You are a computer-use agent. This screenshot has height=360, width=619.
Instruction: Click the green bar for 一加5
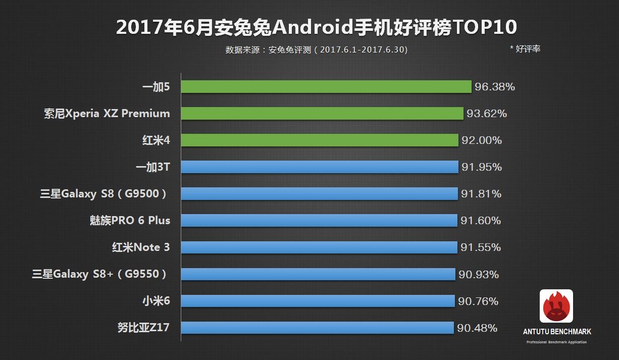(x=326, y=87)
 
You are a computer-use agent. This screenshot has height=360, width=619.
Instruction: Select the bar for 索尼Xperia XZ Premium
(x=322, y=114)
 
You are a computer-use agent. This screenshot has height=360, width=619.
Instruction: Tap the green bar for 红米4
(x=320, y=140)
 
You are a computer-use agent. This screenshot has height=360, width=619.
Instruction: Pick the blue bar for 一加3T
(x=320, y=167)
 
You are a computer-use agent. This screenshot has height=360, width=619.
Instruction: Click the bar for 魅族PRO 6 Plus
(x=319, y=221)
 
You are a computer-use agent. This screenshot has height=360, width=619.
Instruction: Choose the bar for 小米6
(x=318, y=301)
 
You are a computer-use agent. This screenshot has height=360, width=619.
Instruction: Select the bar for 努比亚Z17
(x=317, y=328)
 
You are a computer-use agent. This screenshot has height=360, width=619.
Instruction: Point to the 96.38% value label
(x=495, y=87)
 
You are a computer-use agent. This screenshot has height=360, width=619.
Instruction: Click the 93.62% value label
(x=487, y=114)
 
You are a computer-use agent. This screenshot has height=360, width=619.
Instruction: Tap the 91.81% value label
(x=481, y=194)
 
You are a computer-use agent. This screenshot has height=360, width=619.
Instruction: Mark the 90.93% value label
(x=479, y=275)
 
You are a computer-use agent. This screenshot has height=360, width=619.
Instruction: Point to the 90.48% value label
(x=477, y=328)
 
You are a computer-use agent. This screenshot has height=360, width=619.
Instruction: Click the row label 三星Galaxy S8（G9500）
(x=104, y=194)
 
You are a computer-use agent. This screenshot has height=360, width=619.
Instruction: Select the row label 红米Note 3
(x=141, y=247)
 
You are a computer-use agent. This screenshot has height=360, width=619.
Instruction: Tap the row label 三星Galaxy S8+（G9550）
(x=99, y=274)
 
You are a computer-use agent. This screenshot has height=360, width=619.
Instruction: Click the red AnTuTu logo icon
(x=556, y=306)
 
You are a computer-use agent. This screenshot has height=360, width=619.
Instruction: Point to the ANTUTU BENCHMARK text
(x=557, y=332)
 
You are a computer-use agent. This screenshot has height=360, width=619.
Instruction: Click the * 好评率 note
(x=525, y=49)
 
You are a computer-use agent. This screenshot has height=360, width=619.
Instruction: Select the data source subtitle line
(x=317, y=49)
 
